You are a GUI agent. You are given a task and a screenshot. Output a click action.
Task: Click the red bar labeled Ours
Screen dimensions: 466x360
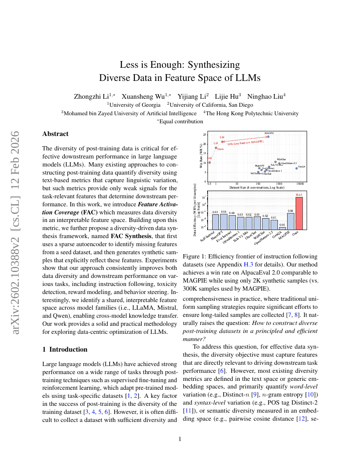pos(299,213)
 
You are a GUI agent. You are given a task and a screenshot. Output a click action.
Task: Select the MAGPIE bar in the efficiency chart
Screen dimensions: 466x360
pos(291,221)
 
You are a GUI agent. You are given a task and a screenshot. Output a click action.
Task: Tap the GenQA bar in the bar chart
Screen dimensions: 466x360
pos(282,228)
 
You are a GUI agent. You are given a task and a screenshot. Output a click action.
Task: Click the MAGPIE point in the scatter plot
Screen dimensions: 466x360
pos(268,136)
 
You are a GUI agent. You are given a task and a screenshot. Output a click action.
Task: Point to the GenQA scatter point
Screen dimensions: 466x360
pos(296,168)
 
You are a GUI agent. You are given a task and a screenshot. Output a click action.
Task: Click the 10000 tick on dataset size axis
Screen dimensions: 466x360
pos(300,184)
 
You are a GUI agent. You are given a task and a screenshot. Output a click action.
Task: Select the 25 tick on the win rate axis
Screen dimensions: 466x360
pos(205,135)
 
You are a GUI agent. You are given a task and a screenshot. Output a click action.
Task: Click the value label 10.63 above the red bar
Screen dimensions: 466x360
pos(299,195)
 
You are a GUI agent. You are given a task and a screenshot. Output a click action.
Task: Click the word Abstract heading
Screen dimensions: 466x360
pos(55,134)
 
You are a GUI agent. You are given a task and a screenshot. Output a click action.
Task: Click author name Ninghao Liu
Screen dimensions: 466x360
pos(266,96)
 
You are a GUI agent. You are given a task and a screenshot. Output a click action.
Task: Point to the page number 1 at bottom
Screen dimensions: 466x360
pos(180,439)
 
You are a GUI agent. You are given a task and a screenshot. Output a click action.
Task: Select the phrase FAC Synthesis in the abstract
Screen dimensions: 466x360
pos(130,236)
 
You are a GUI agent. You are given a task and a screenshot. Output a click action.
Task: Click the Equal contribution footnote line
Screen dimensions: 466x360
pos(180,121)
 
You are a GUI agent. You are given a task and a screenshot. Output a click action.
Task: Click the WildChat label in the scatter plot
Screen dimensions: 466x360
pos(281,159)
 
